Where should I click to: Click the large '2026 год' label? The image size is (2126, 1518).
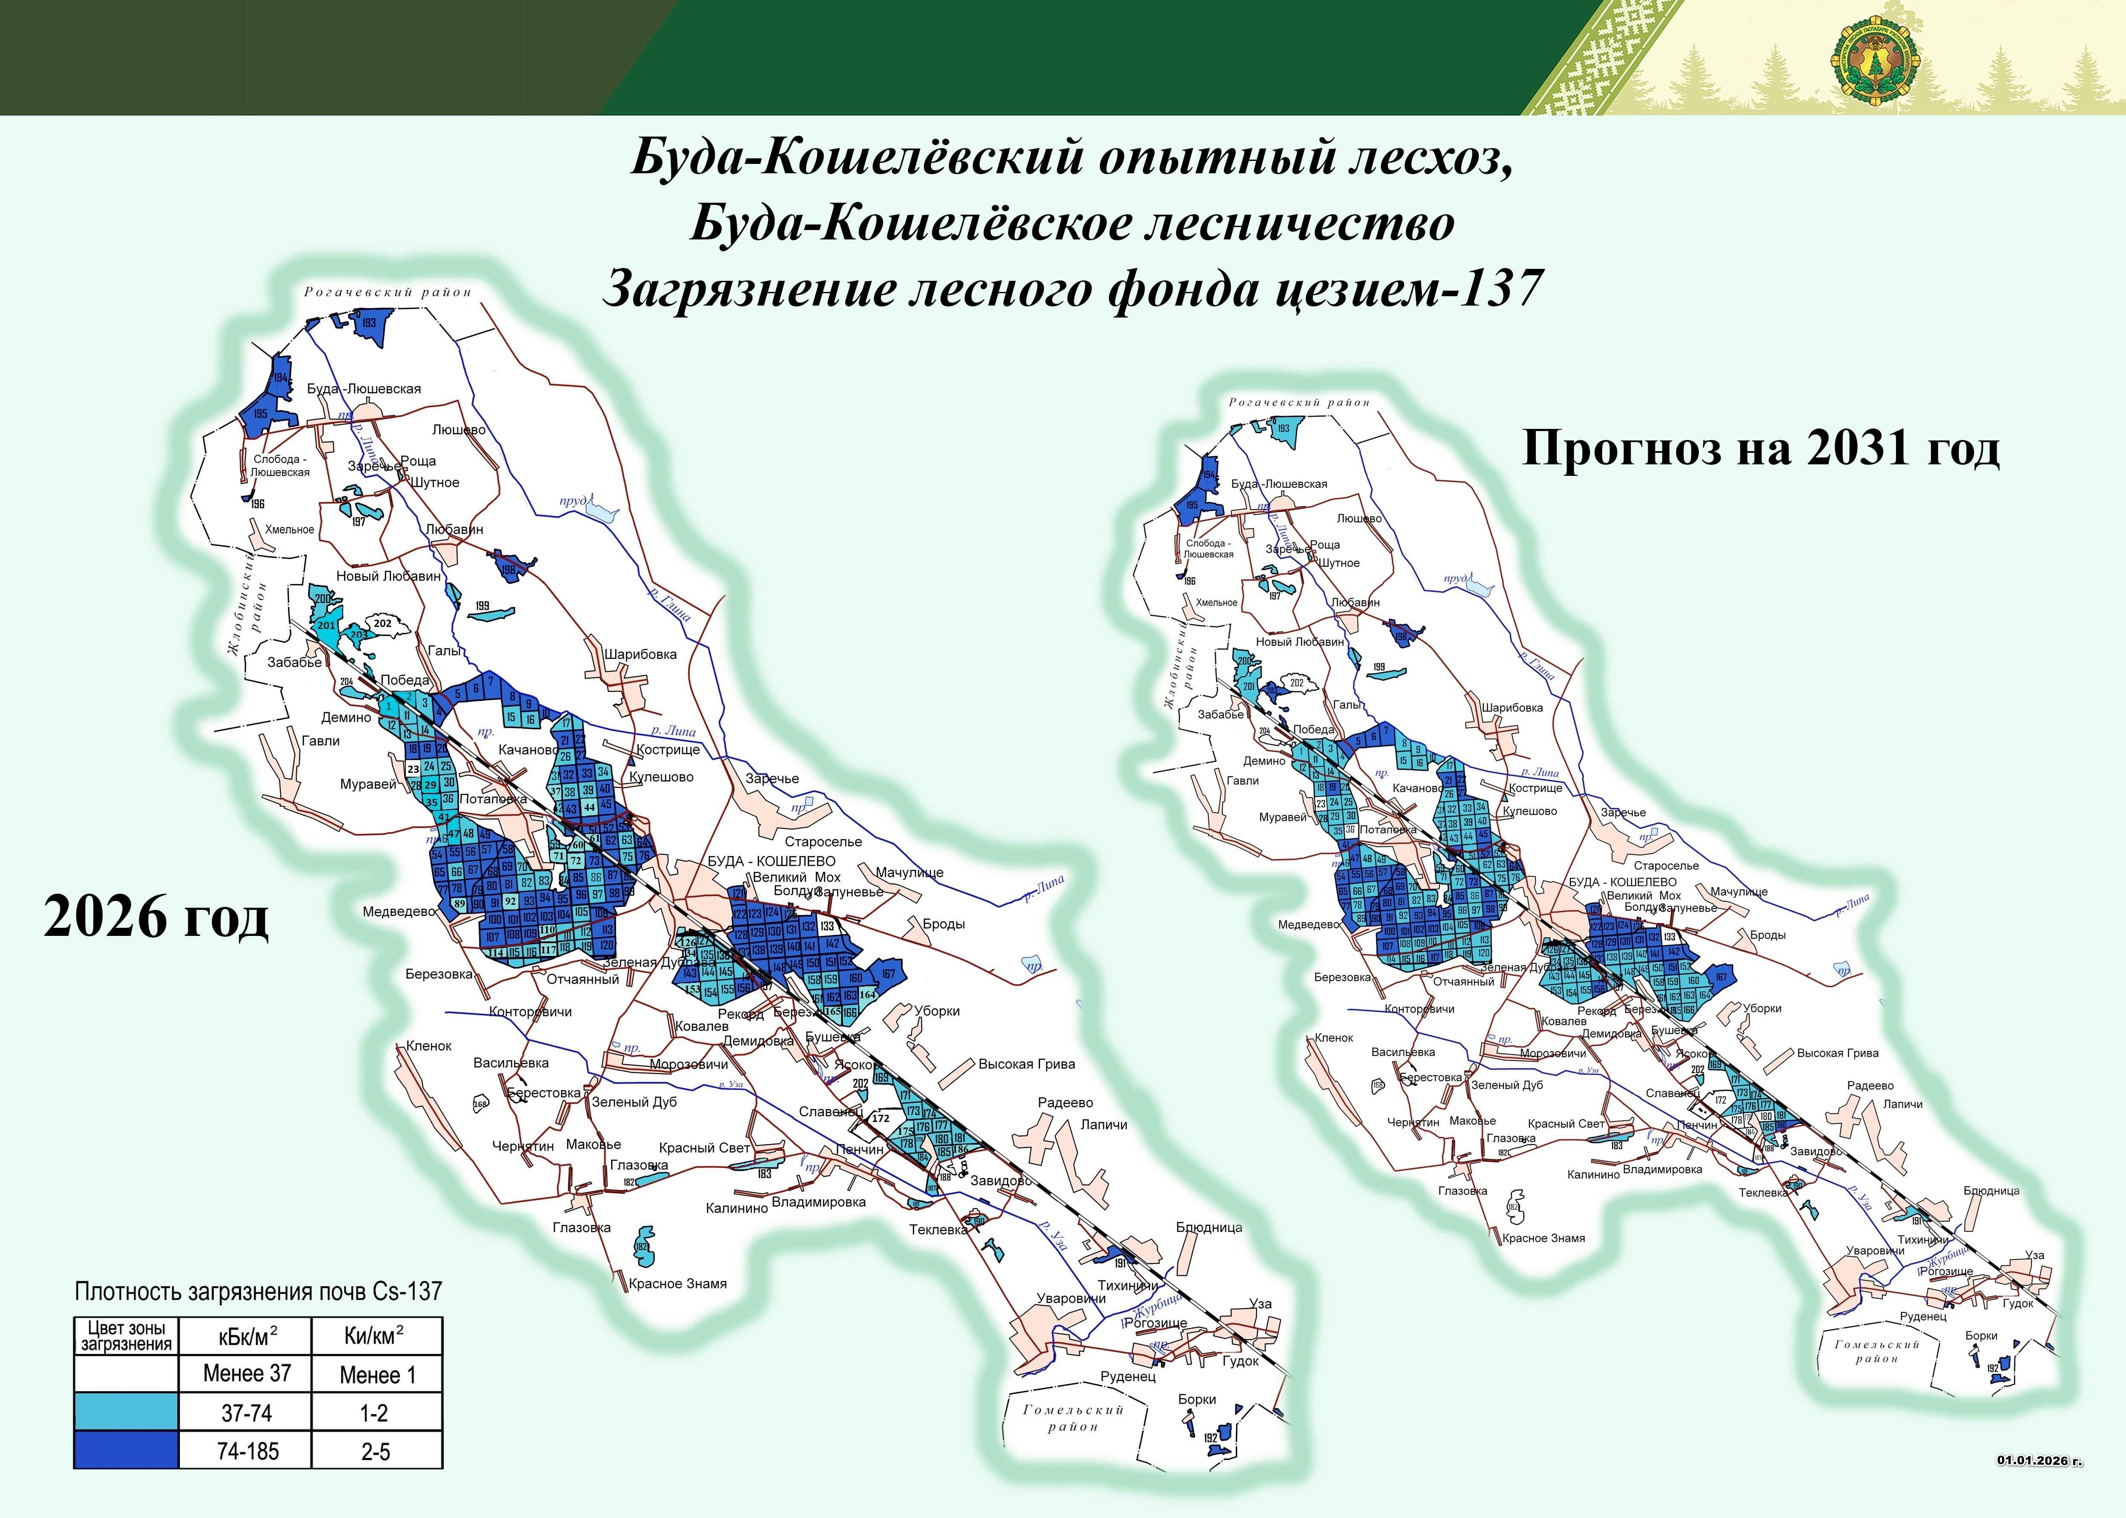tap(156, 917)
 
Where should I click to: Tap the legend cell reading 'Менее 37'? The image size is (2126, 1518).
tap(247, 1373)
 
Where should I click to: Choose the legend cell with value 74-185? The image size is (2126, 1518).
tap(247, 1451)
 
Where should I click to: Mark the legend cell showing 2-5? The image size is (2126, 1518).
tap(375, 1451)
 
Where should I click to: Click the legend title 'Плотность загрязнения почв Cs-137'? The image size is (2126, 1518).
tap(258, 1292)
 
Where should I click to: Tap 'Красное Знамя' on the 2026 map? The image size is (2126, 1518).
tap(678, 1283)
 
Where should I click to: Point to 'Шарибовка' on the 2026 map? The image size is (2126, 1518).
tap(640, 654)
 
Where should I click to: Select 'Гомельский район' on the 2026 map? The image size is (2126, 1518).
tap(1073, 1418)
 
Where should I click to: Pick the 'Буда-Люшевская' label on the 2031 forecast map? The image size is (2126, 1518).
tap(1279, 484)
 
